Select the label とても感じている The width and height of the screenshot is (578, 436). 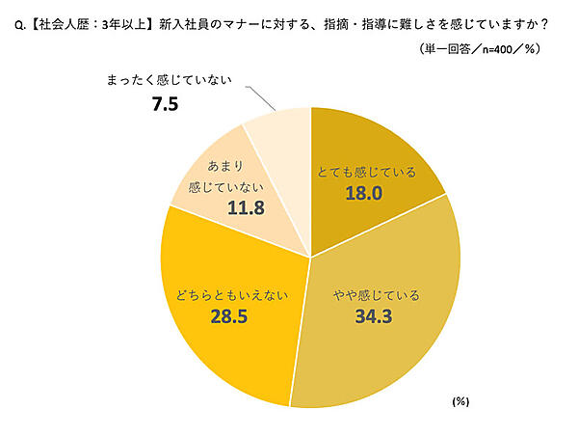[x=367, y=173]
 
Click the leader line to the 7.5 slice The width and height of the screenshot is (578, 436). [x=261, y=97]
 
